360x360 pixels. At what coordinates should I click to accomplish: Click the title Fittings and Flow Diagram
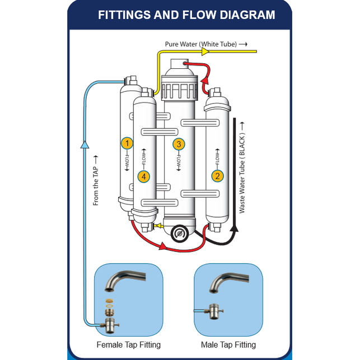pos(186,15)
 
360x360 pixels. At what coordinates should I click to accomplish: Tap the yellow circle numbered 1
pos(127,143)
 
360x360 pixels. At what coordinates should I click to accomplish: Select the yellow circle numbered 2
pos(217,176)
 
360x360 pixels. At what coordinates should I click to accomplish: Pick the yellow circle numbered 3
pos(179,144)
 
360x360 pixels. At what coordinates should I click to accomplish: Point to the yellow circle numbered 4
pos(144,176)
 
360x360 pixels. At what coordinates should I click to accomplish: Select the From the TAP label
pos(96,180)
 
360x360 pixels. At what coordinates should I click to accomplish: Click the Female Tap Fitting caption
pos(128,345)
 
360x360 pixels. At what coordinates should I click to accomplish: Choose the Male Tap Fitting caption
pos(228,345)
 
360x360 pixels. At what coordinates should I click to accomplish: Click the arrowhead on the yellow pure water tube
pos(205,52)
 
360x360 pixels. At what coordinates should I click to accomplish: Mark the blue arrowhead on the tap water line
pos(84,144)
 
